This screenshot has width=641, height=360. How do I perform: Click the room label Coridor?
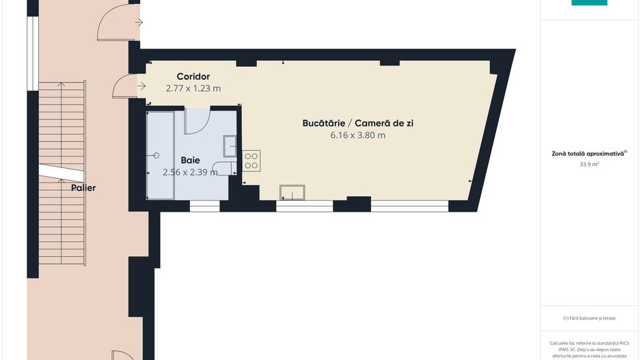coord(193,77)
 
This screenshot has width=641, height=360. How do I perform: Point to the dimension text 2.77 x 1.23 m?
coord(193,88)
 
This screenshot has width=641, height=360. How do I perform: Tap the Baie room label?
coord(190,160)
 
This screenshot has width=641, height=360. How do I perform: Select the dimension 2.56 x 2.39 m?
coord(190,172)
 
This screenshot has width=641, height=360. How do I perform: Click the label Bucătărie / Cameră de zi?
coord(358,123)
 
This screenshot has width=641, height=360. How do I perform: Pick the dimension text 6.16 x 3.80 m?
coord(358,135)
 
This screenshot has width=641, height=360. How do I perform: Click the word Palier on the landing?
coord(83,187)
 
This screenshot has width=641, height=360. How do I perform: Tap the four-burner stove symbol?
coord(251,161)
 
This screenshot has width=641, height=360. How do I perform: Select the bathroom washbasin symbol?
coord(230,146)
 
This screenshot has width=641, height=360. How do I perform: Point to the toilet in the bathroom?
coord(223,168)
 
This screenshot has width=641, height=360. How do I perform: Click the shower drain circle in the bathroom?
coord(157,156)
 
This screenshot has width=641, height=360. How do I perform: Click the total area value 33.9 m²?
coord(589,165)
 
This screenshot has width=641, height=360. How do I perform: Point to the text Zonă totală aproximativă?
coord(589,154)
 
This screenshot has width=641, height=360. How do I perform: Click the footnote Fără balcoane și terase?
coord(589,318)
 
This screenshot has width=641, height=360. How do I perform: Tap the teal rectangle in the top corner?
coord(589,3)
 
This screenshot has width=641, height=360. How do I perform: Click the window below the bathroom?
coord(204,205)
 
